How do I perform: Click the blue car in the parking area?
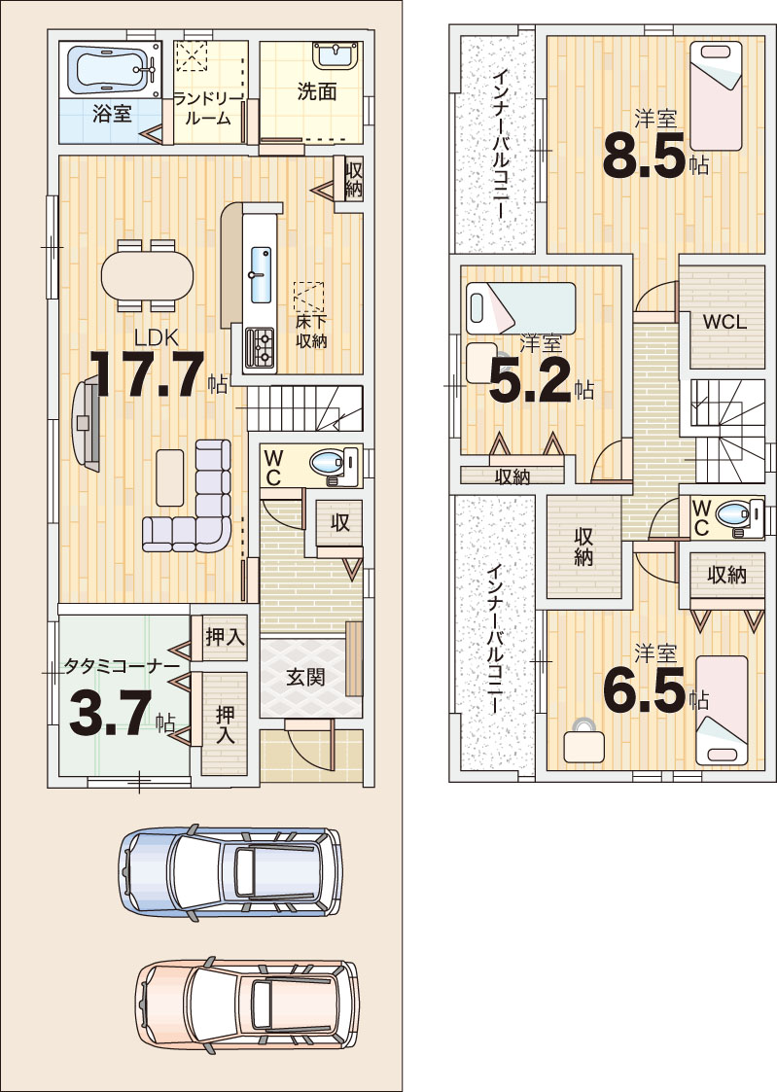[x=230, y=871]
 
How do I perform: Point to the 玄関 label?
[x=305, y=677]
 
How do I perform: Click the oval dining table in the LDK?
[x=147, y=275]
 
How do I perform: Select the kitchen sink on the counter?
[x=261, y=274]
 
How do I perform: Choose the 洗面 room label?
[x=317, y=91]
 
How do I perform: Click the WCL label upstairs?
[x=724, y=322]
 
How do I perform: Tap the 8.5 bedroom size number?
[x=645, y=156]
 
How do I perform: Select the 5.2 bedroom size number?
[x=531, y=381]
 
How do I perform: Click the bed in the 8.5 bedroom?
[x=717, y=96]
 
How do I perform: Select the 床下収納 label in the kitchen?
[x=310, y=331]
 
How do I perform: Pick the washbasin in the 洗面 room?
[x=336, y=55]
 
